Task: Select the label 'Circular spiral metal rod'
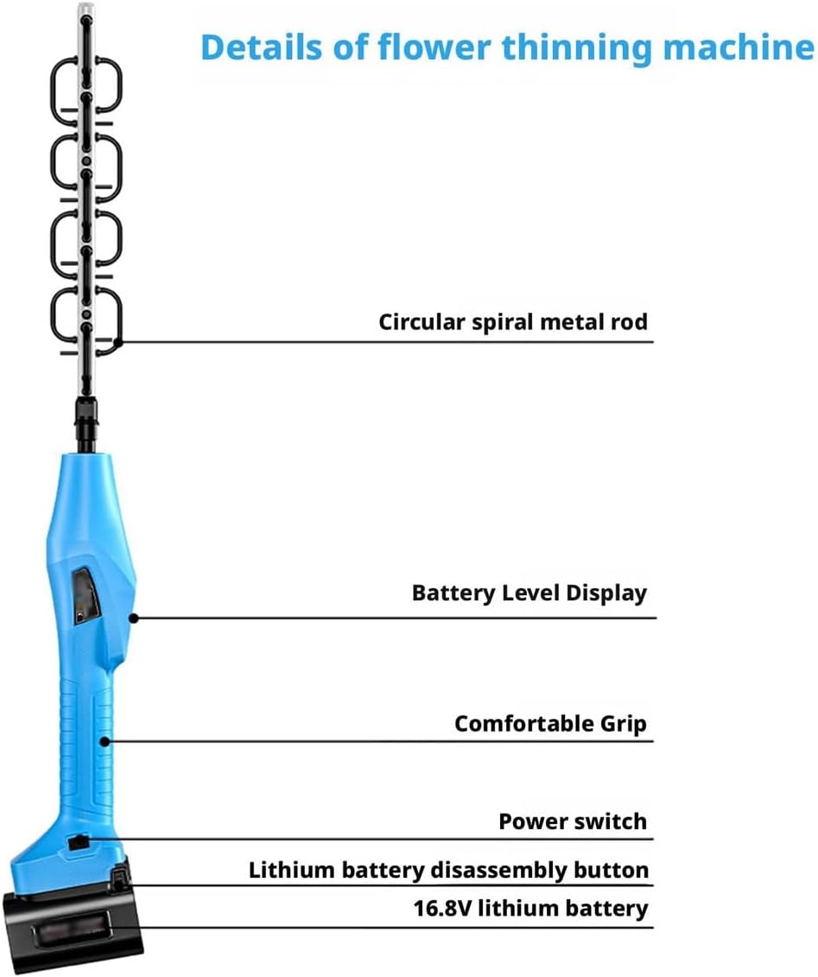[513, 322]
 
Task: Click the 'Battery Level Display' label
[529, 593]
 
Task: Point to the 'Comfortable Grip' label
[550, 723]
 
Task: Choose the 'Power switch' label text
[572, 821]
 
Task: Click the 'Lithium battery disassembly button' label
[448, 870]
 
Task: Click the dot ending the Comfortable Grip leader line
[105, 740]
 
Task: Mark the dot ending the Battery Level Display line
[133, 618]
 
